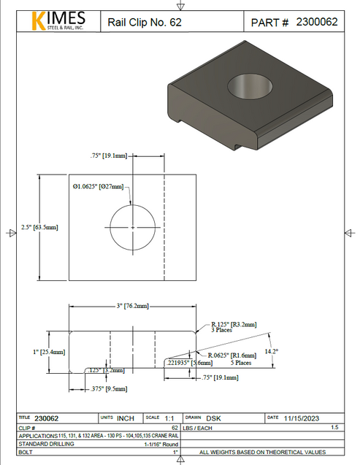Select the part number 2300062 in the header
pos(316,22)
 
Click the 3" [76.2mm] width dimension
pos(132,304)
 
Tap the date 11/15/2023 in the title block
pos(301,418)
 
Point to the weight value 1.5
pos(334,426)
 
